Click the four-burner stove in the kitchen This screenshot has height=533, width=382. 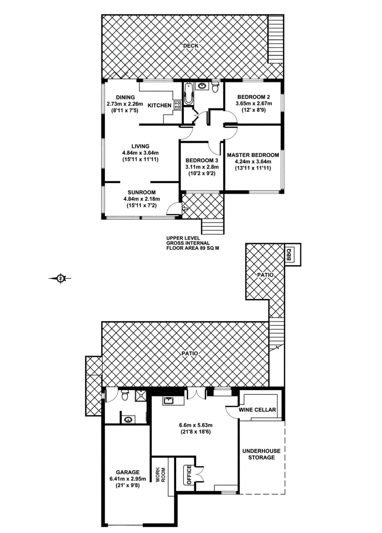point(176,106)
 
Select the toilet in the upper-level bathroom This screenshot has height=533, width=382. point(215,87)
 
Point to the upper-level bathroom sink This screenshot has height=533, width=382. point(202,86)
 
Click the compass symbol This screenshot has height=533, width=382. point(61,277)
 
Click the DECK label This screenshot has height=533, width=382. point(192,46)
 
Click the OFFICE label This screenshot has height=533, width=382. point(189,475)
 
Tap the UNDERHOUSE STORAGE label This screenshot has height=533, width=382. point(261,454)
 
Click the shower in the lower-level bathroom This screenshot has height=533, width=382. point(141,395)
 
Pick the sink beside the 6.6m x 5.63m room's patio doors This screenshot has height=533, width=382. point(168,401)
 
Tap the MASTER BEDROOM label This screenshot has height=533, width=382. point(253,155)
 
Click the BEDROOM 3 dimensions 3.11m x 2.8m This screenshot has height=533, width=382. point(202,167)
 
